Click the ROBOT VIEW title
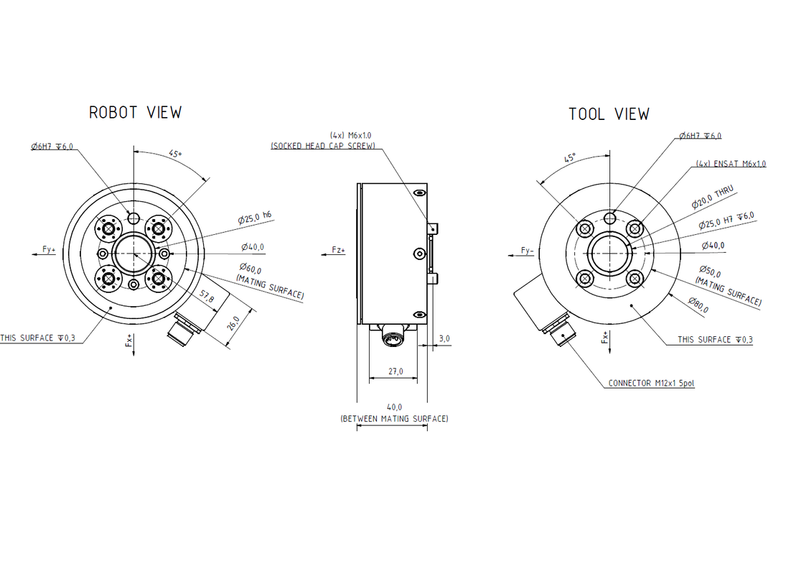coord(135,112)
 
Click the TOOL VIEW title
coord(609,114)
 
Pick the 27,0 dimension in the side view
coord(394,371)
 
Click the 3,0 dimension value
coord(445,338)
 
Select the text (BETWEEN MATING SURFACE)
coord(394,418)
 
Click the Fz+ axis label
coord(338,250)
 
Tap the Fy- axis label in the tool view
coord(528,251)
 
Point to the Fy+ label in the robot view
coord(49,249)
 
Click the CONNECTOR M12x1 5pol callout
coord(651,384)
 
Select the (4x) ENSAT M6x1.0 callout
coord(730,164)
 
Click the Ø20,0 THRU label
coord(713,197)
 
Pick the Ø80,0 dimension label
coord(698,305)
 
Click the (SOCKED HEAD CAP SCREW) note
coord(322,146)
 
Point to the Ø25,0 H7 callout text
coord(726,221)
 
